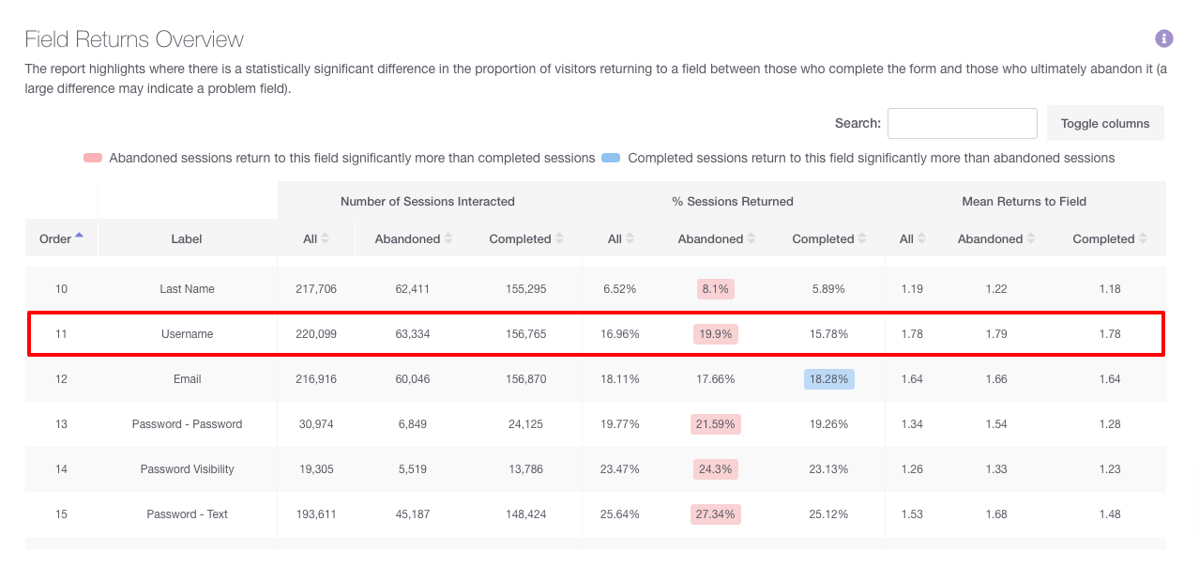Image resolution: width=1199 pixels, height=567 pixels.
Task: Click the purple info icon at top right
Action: (1163, 38)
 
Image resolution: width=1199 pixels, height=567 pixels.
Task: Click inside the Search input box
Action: (962, 123)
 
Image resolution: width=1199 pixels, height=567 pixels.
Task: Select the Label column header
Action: (187, 238)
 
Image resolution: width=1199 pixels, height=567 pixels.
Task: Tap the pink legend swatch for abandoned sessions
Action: (92, 158)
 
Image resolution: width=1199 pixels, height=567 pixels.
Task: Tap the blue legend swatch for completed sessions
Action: (611, 158)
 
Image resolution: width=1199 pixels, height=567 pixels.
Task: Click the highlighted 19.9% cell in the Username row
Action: (715, 334)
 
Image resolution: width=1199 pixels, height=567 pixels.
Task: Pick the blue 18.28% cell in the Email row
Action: (828, 379)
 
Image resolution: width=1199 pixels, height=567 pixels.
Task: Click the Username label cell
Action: (187, 334)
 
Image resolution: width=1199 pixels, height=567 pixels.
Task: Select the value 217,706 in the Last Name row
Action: (315, 289)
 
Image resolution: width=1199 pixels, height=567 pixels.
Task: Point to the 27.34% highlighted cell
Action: (715, 514)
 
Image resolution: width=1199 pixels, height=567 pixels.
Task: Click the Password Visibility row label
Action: (187, 469)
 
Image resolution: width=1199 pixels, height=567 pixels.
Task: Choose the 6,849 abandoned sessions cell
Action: (412, 424)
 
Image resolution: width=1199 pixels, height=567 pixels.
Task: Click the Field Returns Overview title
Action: (134, 39)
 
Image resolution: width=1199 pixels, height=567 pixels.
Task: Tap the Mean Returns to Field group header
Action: (1024, 201)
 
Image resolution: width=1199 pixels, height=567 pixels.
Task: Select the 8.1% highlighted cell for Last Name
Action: (715, 289)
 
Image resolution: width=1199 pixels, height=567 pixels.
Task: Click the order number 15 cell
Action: (61, 514)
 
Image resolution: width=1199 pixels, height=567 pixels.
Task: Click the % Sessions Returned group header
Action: (732, 201)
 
